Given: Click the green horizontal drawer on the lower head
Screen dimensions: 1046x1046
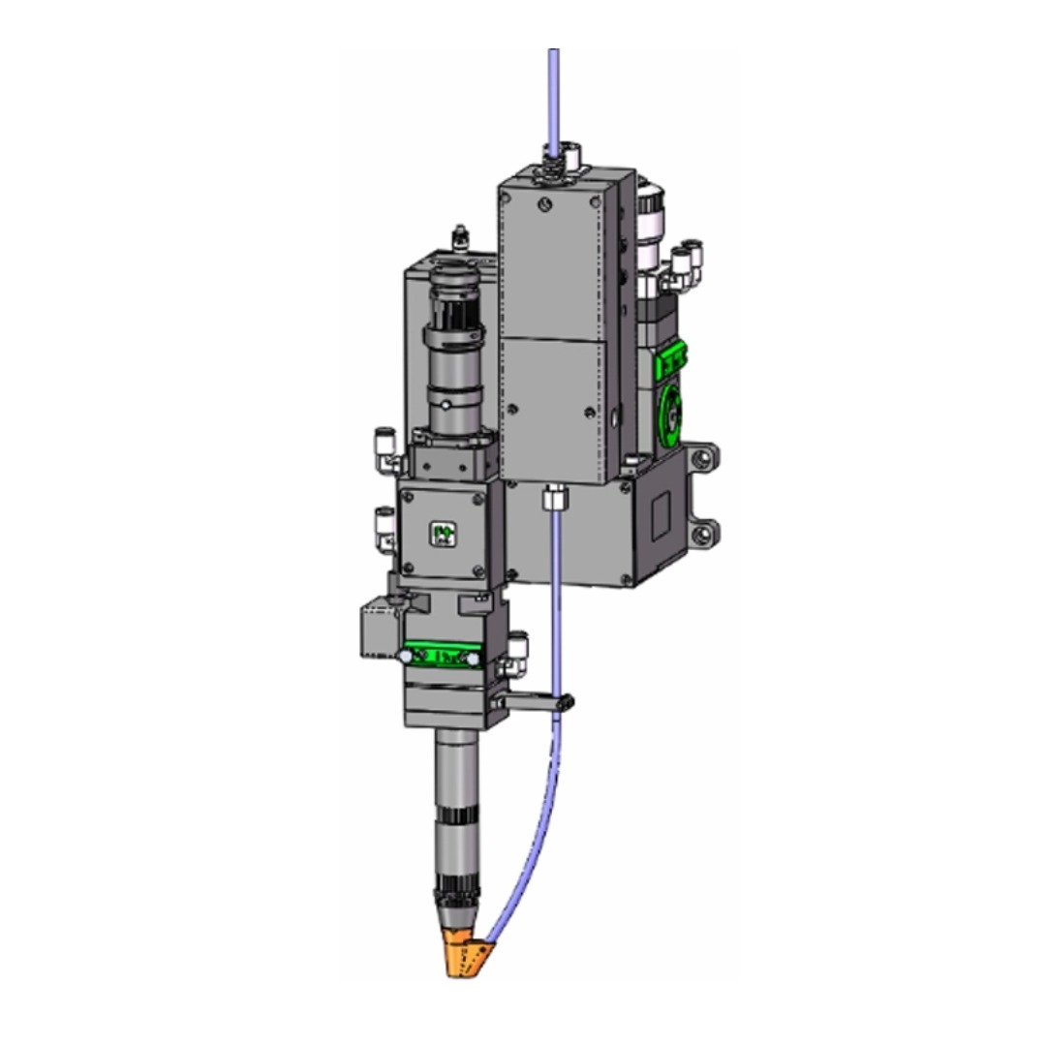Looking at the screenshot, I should click(442, 656).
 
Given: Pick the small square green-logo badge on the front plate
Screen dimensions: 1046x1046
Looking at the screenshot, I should click(443, 534).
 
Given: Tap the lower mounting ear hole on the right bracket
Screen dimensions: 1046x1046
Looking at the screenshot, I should click(708, 530).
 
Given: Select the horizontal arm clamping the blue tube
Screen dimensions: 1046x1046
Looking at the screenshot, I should click(538, 704).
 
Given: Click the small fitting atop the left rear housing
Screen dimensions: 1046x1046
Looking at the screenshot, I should click(459, 237).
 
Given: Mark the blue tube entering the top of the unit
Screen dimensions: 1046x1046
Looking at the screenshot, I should click(553, 97).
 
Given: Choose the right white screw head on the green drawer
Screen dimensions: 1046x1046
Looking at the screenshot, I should click(473, 659).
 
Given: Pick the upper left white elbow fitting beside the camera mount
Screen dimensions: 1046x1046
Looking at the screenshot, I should click(382, 445).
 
